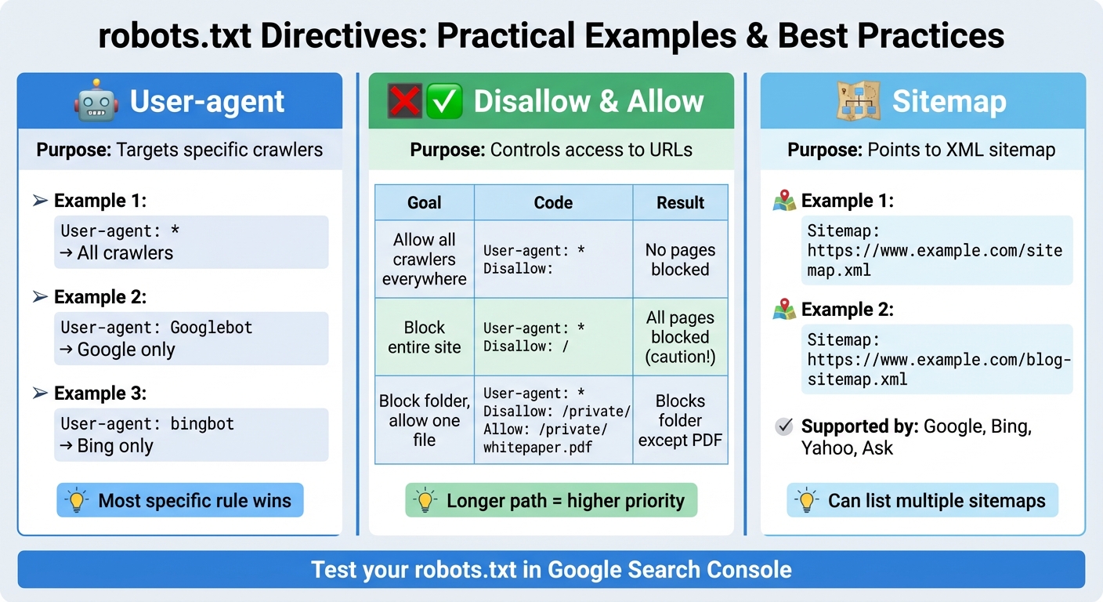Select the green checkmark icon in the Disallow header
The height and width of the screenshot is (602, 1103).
(x=445, y=102)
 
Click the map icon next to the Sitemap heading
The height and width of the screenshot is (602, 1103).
(x=859, y=101)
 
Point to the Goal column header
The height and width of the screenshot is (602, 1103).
(x=425, y=203)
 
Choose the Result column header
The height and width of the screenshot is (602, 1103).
(x=680, y=203)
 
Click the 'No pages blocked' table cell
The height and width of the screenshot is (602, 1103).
(x=680, y=259)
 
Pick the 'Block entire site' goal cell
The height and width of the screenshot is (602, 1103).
(x=425, y=337)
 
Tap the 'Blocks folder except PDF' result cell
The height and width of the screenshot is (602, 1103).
(x=680, y=420)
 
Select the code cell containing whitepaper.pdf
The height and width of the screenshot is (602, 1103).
(x=553, y=420)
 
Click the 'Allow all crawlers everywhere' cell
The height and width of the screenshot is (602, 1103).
(x=425, y=259)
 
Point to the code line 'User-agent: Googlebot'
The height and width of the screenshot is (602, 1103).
(x=157, y=328)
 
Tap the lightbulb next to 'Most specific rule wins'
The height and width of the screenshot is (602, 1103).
(x=77, y=501)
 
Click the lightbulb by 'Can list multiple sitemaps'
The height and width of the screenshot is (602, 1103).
(x=807, y=501)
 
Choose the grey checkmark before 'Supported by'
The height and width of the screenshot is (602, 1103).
(x=783, y=427)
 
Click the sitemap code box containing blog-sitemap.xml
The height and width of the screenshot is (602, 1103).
(x=938, y=360)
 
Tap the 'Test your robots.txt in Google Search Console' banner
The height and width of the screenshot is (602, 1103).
(x=551, y=569)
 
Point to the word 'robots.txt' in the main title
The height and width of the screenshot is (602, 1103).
(x=174, y=36)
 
